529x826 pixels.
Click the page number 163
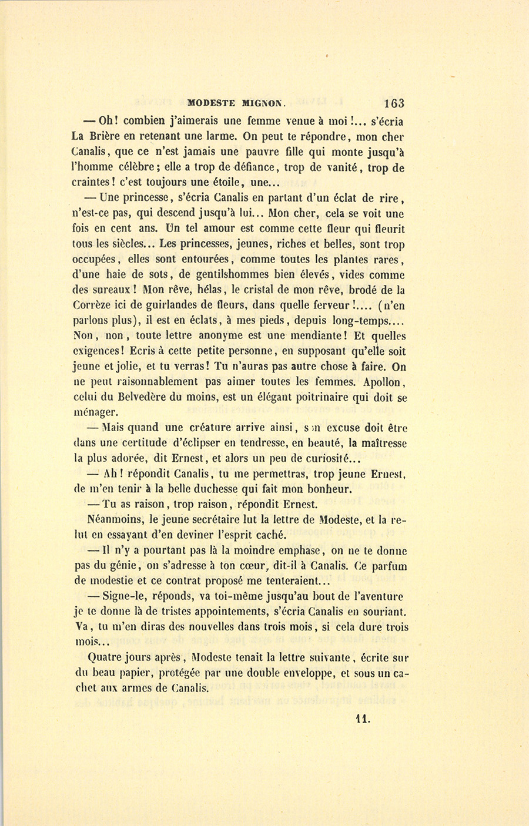tap(394, 103)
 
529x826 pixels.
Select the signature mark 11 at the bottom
tap(363, 718)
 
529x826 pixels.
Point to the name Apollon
tap(380, 382)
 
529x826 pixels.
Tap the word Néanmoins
tap(114, 520)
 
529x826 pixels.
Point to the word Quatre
tap(104, 658)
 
